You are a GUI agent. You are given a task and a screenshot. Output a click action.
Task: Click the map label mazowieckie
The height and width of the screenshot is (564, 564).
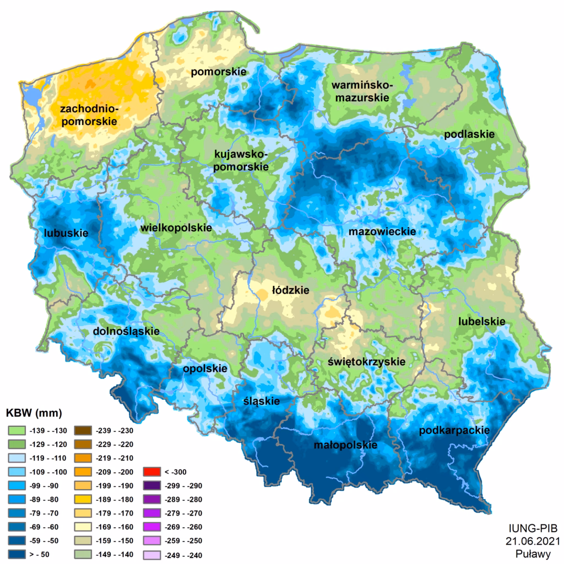click(382, 232)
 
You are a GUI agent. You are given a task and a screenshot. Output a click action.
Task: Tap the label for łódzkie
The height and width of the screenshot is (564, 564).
click(290, 290)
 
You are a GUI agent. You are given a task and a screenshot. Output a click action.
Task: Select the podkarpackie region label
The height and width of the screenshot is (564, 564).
click(454, 430)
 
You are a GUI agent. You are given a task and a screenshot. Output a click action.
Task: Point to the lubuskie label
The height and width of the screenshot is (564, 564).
click(66, 233)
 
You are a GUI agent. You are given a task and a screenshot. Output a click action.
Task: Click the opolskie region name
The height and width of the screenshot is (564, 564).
click(205, 368)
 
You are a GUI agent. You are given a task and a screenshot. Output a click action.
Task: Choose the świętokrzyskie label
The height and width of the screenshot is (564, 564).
click(366, 362)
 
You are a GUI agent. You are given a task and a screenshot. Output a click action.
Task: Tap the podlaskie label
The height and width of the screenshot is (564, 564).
click(469, 134)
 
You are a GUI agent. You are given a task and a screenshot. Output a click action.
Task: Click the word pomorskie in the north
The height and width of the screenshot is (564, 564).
click(218, 72)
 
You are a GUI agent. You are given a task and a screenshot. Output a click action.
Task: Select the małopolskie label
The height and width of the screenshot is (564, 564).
click(346, 445)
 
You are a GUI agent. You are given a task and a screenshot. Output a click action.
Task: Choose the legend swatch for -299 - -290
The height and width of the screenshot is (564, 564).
click(151, 486)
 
